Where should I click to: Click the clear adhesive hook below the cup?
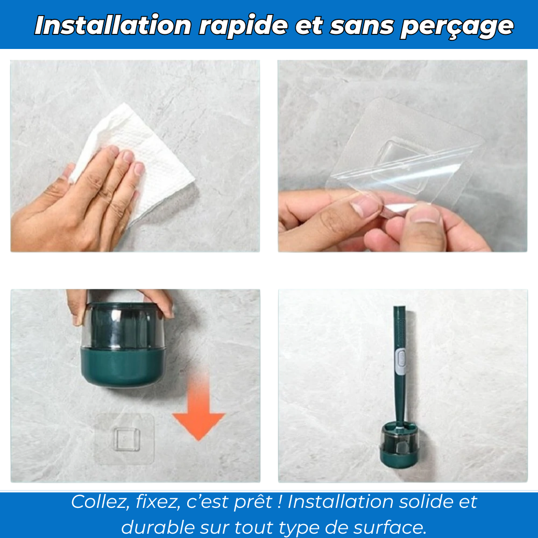[125, 438]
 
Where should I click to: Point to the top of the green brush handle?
[399, 312]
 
